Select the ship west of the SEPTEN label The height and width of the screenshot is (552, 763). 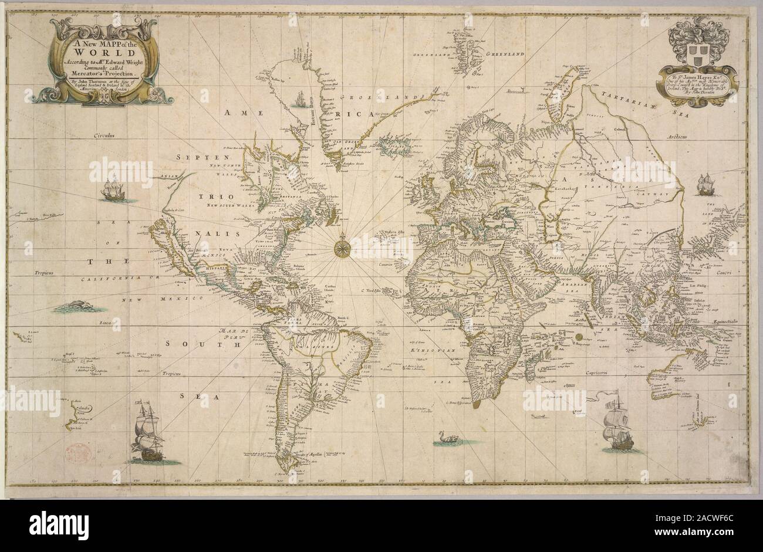pyautogui.click(x=112, y=189)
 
